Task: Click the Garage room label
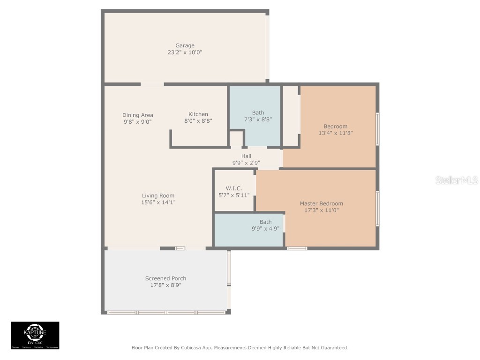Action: [185, 45]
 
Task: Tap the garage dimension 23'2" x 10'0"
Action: [185, 52]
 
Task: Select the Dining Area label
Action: [138, 115]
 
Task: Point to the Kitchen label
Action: [198, 114]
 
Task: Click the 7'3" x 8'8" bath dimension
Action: [258, 120]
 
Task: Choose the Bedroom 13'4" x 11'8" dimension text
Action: [335, 133]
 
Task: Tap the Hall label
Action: [246, 156]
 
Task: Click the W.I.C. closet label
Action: [234, 188]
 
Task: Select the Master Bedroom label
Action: [321, 203]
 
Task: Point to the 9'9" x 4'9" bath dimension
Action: [265, 229]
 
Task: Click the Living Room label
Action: [158, 195]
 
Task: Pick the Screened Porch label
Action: [165, 278]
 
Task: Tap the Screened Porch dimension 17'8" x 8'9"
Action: [165, 285]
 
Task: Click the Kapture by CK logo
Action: [35, 335]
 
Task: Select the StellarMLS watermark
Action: [457, 180]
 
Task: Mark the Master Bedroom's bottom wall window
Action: [297, 248]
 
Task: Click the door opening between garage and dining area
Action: [152, 84]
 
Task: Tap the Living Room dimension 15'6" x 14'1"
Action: [158, 202]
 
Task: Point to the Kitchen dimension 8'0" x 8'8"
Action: [198, 121]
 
